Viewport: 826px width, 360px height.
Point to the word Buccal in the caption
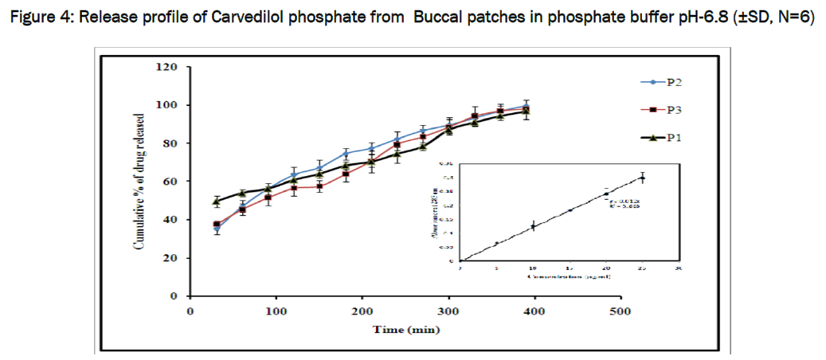437,18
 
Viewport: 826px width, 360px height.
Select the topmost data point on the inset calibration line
642,178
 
